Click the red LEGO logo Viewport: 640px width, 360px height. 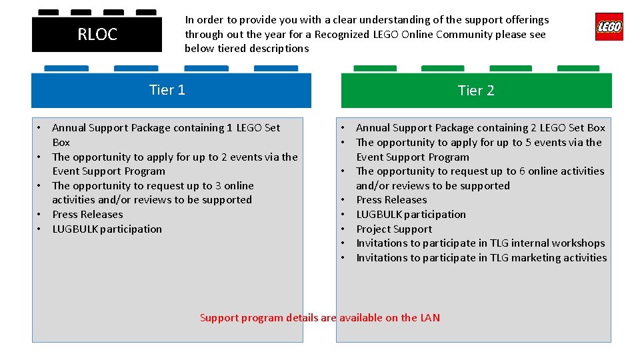click(609, 27)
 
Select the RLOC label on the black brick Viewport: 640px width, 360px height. click(97, 35)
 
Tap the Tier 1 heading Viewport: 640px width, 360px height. click(167, 90)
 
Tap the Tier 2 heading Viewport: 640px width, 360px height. click(476, 91)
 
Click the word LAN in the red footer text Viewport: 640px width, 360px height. click(430, 317)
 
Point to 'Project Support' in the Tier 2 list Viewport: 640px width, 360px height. click(394, 229)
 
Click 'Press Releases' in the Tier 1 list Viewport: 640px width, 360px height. click(87, 214)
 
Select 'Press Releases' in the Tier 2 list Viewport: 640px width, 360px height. click(391, 199)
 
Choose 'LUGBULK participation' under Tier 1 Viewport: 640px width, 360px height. click(107, 229)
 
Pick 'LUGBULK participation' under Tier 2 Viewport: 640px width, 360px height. click(411, 214)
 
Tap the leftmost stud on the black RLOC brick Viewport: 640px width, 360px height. click(48, 12)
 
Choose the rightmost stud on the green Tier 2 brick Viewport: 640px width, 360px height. click(578, 68)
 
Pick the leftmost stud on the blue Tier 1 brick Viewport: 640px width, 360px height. click(66, 68)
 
